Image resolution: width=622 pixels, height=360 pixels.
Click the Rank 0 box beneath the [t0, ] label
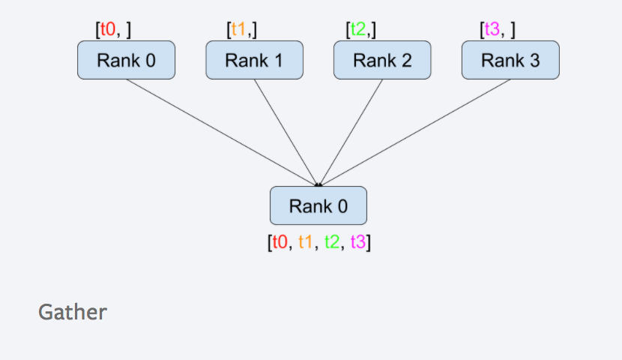click(x=126, y=61)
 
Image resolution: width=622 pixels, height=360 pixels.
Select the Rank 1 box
click(x=254, y=61)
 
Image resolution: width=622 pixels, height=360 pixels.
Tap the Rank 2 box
click(x=382, y=61)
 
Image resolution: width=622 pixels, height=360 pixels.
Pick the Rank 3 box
click(x=510, y=61)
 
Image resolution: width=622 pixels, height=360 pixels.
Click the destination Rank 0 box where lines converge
click(x=318, y=205)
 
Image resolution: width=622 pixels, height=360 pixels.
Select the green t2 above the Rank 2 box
click(x=359, y=30)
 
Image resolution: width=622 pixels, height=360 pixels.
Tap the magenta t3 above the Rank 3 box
click(x=492, y=30)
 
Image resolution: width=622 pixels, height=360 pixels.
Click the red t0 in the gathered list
click(x=280, y=243)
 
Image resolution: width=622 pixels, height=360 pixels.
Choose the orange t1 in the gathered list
click(x=306, y=243)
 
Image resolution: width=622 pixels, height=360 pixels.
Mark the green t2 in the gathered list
click(x=332, y=243)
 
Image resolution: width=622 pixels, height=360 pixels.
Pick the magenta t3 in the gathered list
click(x=357, y=243)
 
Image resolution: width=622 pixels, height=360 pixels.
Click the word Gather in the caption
click(x=73, y=312)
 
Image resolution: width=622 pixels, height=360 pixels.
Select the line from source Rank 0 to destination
click(x=222, y=131)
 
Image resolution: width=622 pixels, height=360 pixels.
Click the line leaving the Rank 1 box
click(x=286, y=131)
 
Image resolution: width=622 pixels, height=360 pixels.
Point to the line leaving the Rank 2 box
click(x=351, y=131)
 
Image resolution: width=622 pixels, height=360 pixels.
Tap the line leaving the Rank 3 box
click(x=414, y=131)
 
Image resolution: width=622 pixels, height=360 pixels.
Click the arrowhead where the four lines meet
click(x=318, y=184)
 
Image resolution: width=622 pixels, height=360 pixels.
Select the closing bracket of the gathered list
click(x=369, y=243)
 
